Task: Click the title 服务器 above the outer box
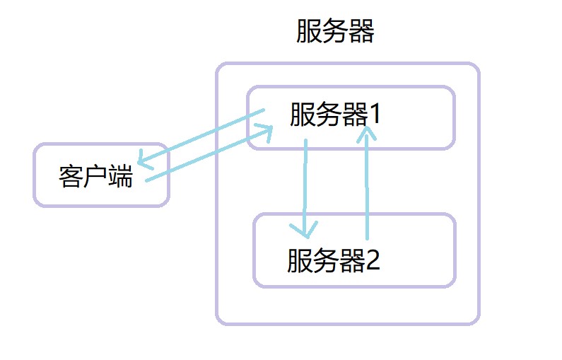coord(334,32)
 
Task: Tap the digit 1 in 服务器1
coord(374,114)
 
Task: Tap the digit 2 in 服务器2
coord(373,261)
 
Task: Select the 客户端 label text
coord(96,177)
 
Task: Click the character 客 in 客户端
coord(71,177)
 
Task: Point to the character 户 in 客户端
coord(96,177)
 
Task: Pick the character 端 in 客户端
coord(121,177)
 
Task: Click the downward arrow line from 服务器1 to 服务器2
coord(305,184)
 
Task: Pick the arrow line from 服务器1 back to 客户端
coord(201,136)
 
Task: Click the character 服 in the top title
coord(309,32)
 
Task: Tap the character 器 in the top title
coord(361,32)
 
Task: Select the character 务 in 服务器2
coord(326,261)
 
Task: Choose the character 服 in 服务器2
coord(300,261)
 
